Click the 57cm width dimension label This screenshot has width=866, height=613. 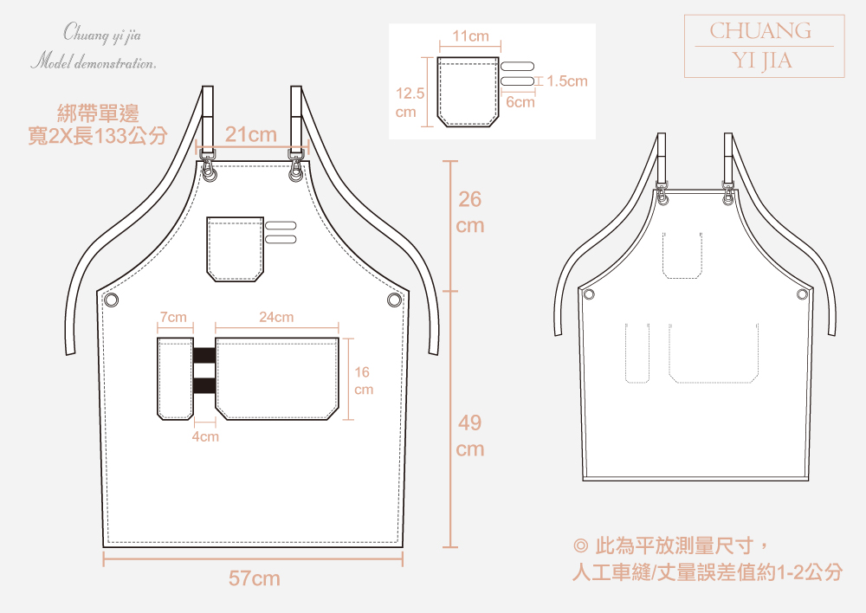(x=254, y=578)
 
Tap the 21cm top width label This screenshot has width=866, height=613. (x=251, y=135)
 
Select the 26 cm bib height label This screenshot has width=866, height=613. (x=470, y=212)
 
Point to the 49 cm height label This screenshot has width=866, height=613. (x=470, y=436)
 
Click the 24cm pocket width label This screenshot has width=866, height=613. (x=276, y=318)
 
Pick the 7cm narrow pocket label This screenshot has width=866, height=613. (x=173, y=318)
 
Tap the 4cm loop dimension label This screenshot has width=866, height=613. (x=205, y=436)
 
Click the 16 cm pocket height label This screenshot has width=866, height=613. (x=363, y=381)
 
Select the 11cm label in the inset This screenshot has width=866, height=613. (x=471, y=36)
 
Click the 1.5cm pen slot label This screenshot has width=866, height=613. (x=567, y=81)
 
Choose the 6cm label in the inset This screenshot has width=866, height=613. (x=520, y=102)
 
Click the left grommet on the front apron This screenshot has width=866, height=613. (x=111, y=300)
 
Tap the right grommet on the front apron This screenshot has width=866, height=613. (x=394, y=300)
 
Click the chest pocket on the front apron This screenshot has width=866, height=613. (x=235, y=249)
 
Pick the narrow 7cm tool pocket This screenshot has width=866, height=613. (x=174, y=378)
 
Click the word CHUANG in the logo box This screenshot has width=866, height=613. (x=760, y=31)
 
